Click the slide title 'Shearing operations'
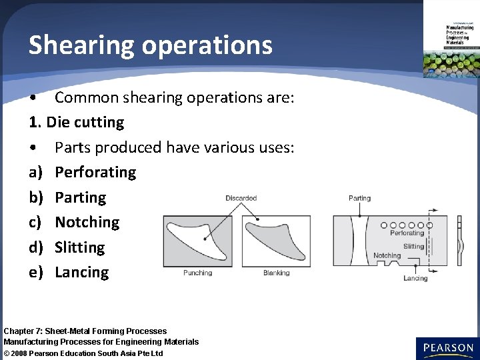click(x=151, y=45)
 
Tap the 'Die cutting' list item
click(x=85, y=123)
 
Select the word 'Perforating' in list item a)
click(x=95, y=172)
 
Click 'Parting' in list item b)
click(x=80, y=197)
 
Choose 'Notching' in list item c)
click(x=87, y=222)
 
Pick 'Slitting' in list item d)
click(x=80, y=247)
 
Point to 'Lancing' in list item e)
click(x=81, y=272)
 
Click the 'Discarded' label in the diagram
click(x=241, y=198)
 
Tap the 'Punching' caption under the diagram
click(x=197, y=273)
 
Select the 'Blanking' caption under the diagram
click(x=276, y=273)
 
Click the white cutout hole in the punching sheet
click(x=193, y=237)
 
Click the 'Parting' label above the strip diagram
click(x=359, y=198)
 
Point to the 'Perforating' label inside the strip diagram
click(x=407, y=233)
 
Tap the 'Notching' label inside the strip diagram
click(x=387, y=255)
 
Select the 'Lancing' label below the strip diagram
click(x=415, y=278)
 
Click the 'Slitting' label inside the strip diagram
click(x=413, y=246)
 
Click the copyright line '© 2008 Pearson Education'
click(x=83, y=353)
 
